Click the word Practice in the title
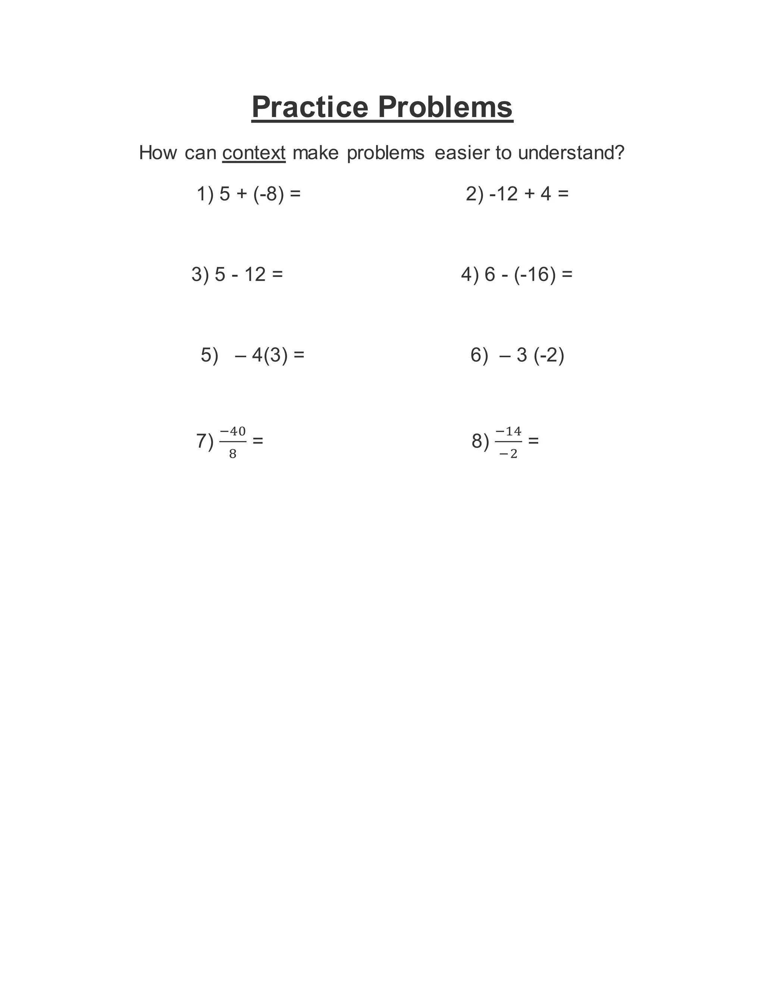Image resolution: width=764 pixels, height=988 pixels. point(310,107)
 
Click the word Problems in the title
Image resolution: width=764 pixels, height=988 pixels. point(445,107)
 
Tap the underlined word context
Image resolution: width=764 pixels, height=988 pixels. point(254,153)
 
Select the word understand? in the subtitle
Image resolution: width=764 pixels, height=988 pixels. point(571,153)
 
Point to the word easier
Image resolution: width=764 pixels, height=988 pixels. point(462,153)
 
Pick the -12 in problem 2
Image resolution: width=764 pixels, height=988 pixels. point(503,194)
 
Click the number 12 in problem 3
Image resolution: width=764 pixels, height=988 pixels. point(255,275)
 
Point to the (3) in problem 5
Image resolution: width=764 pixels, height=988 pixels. point(276,355)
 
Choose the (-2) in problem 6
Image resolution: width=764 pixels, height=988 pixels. point(549,355)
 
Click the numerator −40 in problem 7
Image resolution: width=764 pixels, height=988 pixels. point(233,431)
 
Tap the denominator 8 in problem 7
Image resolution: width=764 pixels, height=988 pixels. point(233,454)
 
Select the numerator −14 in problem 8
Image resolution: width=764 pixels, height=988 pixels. point(508,431)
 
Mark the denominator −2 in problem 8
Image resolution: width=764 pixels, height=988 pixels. point(508,454)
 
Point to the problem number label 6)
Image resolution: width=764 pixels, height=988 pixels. point(479,355)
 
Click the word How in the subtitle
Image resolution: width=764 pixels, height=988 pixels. point(158,153)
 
